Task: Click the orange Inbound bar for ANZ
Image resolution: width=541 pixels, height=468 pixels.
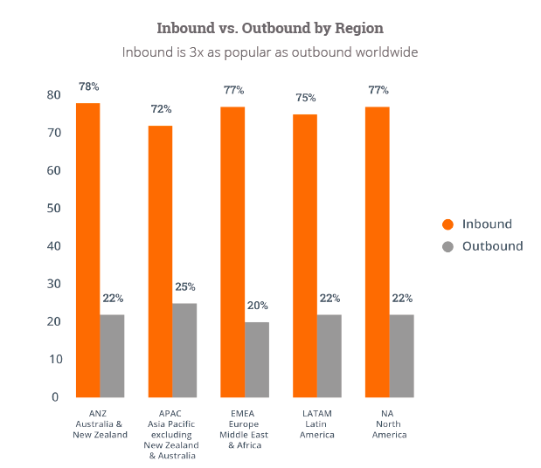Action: (87, 250)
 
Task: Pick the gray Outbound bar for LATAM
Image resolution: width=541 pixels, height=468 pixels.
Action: (329, 355)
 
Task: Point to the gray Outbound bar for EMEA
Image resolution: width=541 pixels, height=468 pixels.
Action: (257, 359)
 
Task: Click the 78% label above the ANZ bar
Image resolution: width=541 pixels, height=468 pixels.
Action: (87, 88)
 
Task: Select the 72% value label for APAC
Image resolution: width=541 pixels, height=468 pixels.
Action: (161, 109)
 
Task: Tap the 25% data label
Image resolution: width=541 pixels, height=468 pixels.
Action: (184, 286)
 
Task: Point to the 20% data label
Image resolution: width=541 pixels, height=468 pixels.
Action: (257, 306)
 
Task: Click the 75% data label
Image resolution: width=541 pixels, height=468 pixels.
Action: (305, 99)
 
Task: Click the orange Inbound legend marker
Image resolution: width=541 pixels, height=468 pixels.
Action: (448, 224)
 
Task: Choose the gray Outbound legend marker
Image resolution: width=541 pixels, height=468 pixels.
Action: (448, 246)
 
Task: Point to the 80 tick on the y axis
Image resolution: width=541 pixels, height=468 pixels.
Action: (53, 94)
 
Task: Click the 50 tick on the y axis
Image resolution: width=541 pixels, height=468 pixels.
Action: (53, 208)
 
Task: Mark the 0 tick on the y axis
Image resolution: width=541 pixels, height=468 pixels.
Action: (56, 396)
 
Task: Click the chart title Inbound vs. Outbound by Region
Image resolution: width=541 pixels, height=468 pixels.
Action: (270, 26)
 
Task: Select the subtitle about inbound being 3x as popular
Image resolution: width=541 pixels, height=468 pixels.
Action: (270, 52)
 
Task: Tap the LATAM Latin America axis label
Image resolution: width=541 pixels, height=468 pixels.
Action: (317, 423)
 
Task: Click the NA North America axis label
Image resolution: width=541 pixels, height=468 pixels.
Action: (389, 423)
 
